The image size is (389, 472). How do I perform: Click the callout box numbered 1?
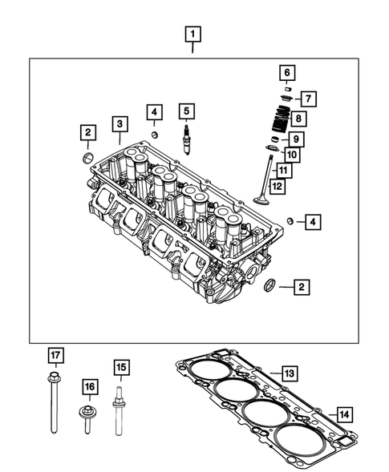point(193,34)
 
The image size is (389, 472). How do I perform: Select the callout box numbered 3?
point(119,123)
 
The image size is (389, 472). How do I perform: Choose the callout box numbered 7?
point(310,99)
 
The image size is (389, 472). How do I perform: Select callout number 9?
point(295,139)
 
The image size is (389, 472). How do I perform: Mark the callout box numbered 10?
point(291,155)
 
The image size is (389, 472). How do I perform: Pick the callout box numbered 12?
point(276,187)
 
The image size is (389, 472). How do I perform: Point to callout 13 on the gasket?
point(289,373)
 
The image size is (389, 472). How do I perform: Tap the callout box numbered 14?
point(343,414)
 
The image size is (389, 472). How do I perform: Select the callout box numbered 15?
point(121,368)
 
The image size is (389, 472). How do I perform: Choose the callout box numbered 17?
point(55,355)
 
